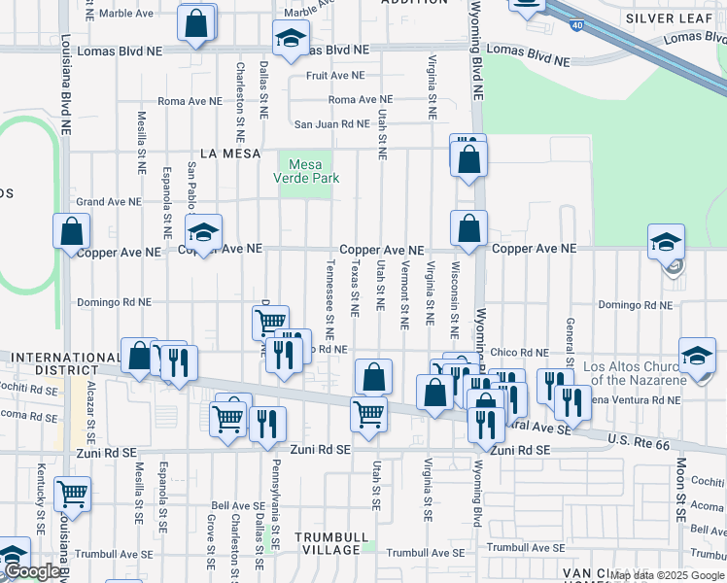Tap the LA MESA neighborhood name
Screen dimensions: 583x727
(230, 154)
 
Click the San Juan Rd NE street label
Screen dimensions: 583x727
(332, 124)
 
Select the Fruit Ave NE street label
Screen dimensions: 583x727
(334, 75)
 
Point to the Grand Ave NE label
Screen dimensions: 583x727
(109, 202)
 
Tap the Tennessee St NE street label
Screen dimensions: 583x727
(330, 291)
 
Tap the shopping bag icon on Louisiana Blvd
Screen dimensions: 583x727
(71, 231)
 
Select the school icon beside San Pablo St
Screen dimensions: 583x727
(203, 232)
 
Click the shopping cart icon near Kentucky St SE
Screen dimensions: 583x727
(71, 494)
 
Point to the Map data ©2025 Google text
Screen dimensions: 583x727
(668, 576)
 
